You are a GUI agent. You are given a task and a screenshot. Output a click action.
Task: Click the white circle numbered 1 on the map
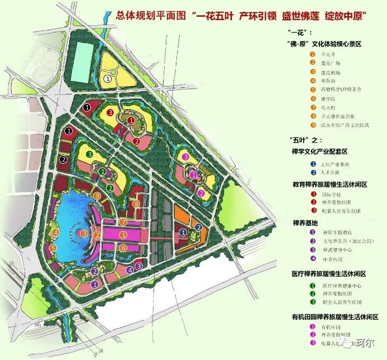point(107,79)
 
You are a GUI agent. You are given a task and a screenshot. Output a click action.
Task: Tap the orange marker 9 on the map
point(97,196)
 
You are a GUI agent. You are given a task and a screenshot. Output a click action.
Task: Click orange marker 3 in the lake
point(83,233)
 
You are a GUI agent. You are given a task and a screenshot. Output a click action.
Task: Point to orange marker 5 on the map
point(53,248)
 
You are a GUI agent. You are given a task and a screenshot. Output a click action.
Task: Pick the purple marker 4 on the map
point(130,269)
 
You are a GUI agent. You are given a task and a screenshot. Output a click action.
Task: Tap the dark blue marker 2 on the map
point(198,227)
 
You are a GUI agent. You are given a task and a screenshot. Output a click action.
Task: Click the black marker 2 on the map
point(64,159)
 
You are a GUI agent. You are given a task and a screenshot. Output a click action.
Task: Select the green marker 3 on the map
point(89,154)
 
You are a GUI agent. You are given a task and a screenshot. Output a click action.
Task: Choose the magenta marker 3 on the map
point(185,157)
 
